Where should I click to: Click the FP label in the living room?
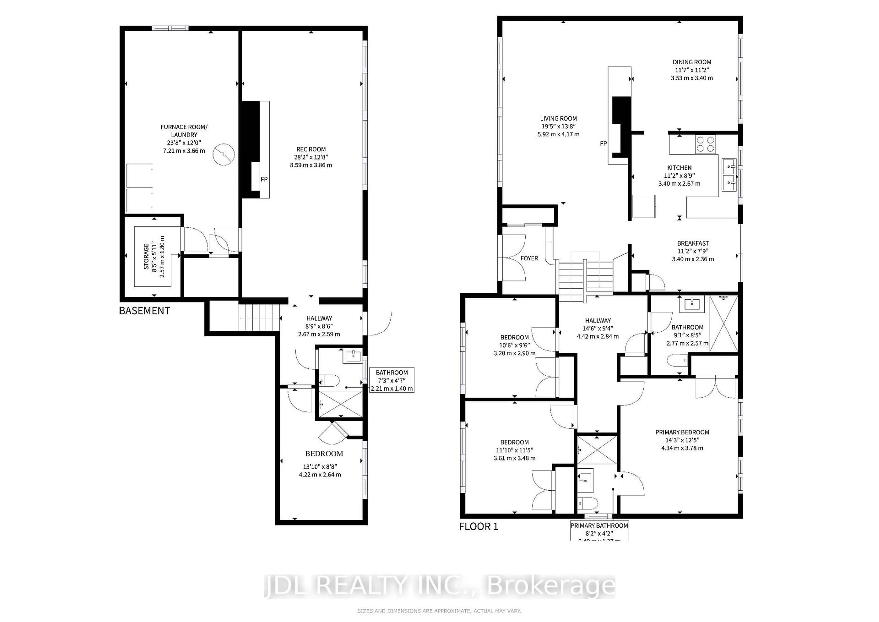(603, 144)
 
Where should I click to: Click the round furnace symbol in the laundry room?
(224, 154)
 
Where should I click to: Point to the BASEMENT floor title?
(144, 311)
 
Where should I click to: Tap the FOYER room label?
(529, 258)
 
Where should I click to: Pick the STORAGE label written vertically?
(146, 257)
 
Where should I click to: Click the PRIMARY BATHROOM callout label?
(599, 526)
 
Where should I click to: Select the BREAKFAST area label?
(693, 243)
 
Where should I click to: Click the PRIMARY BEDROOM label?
(682, 432)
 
